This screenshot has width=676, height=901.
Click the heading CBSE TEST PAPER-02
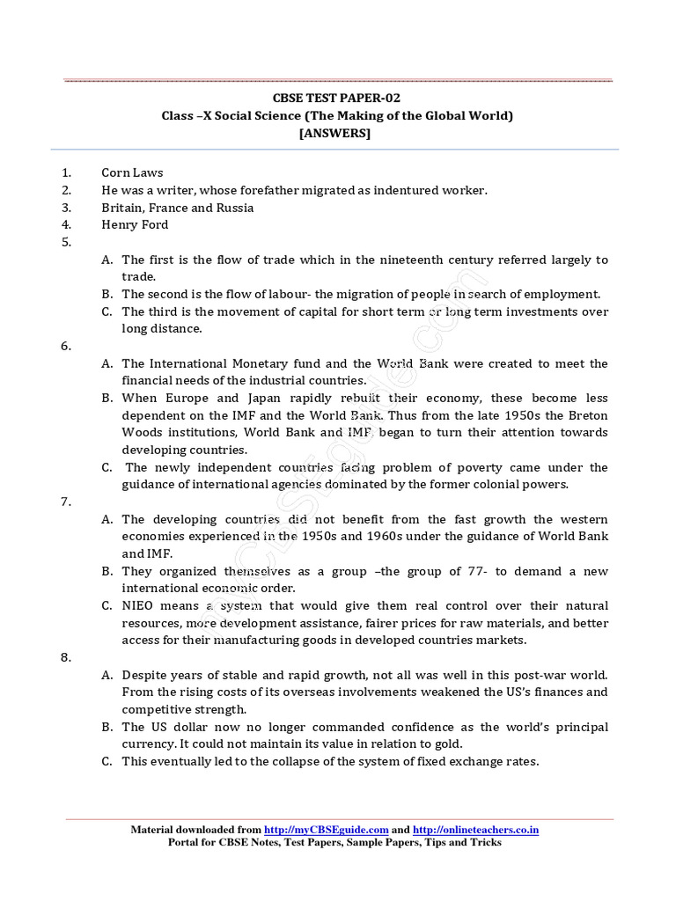tap(337, 98)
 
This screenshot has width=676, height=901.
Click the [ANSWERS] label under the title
tap(337, 133)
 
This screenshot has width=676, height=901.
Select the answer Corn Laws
tap(132, 173)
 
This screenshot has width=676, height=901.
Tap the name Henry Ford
tap(135, 224)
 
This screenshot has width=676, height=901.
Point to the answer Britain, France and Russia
tap(177, 208)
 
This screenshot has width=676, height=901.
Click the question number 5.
tap(66, 242)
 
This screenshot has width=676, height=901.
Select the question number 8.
tap(66, 657)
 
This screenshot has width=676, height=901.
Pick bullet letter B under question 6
tap(106, 398)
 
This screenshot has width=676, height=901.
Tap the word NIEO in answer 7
tap(138, 605)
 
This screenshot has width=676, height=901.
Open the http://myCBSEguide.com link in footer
tap(327, 829)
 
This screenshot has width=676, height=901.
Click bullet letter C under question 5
tap(106, 311)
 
